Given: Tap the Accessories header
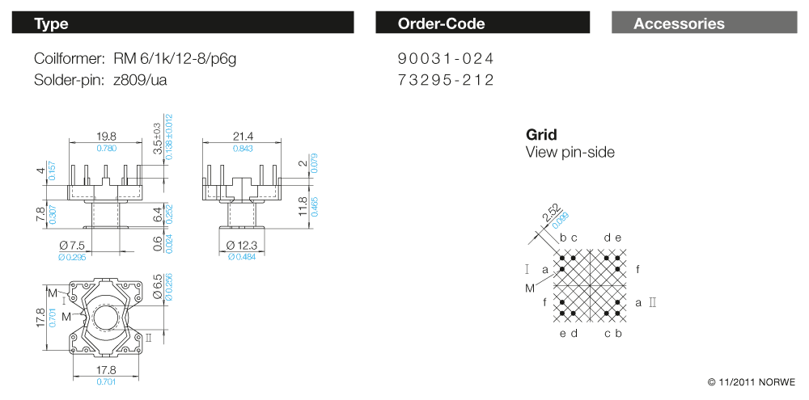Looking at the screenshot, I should (679, 23).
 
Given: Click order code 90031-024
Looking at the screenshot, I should (445, 59).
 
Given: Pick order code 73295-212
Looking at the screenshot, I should (445, 80).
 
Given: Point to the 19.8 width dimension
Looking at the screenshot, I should (106, 137).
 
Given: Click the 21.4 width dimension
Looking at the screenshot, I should (243, 137).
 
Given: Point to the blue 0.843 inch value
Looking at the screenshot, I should (243, 149).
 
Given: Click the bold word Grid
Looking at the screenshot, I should (541, 135).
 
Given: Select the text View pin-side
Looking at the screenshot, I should (570, 152).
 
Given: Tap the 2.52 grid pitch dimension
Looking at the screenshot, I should (551, 214).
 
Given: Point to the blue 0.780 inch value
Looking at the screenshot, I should (106, 149).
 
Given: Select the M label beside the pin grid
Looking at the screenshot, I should (529, 288).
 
